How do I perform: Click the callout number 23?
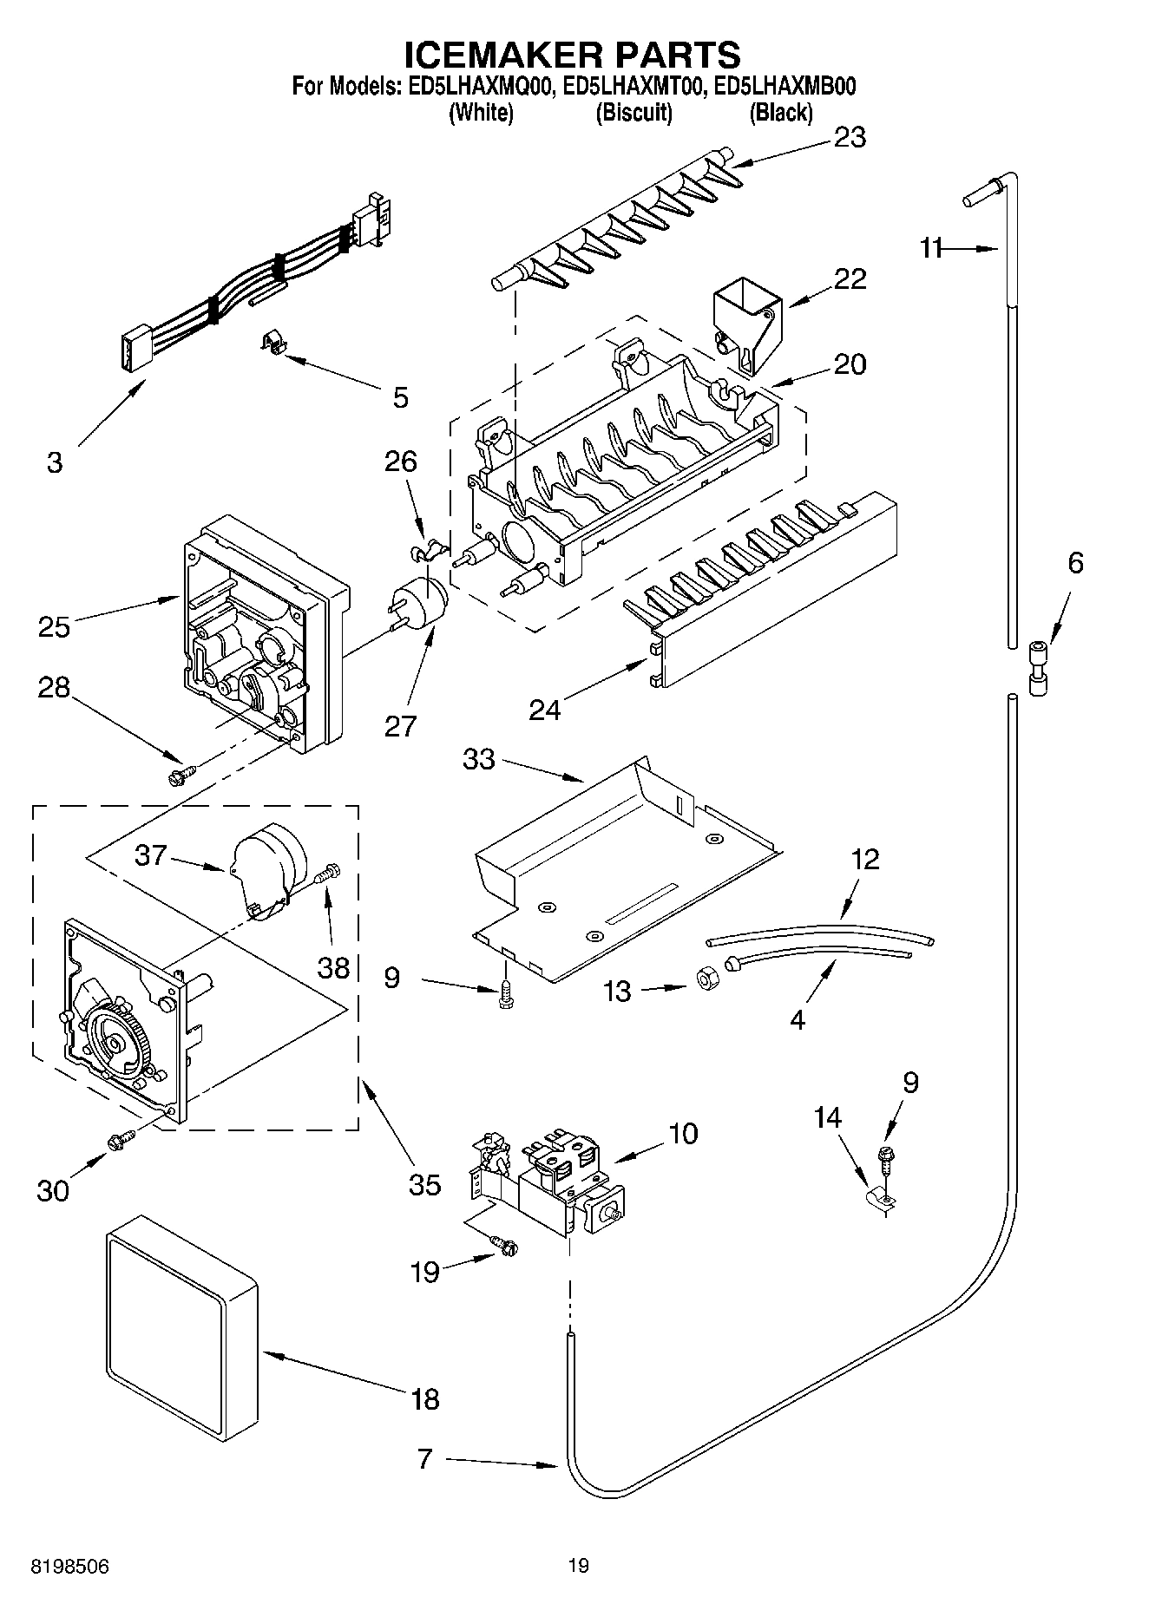click(x=849, y=138)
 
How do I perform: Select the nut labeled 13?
click(x=706, y=979)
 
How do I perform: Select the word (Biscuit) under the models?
click(x=634, y=113)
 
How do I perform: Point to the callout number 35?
click(x=424, y=1185)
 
